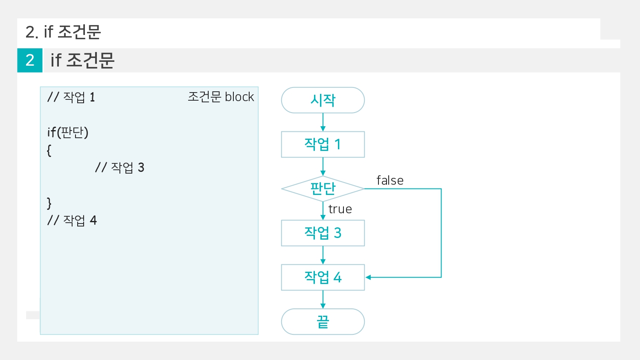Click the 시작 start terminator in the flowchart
pos(323,100)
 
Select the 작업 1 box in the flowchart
pos(323,145)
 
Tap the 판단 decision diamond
pos(323,189)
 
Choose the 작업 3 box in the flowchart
pos(323,233)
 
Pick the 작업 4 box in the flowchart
pos(323,277)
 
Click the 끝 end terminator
pos(323,322)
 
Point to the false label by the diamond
pos(390,180)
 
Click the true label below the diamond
pos(340,209)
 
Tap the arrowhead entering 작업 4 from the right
pos(368,277)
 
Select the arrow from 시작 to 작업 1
pos(323,122)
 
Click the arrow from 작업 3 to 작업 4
pos(323,255)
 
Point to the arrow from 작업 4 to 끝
pos(323,299)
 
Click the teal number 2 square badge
pos(30,60)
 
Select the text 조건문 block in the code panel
pos(221,97)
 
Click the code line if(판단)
pos(68,132)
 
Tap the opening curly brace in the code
pos(49,150)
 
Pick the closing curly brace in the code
pos(49,203)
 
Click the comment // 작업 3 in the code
pos(120,168)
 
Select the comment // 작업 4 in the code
pos(72,221)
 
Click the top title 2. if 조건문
pos(63,32)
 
